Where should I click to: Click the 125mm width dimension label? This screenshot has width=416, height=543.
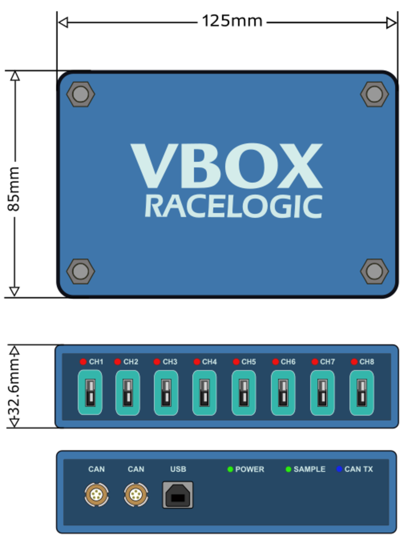click(x=232, y=21)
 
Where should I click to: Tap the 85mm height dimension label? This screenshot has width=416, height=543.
click(x=14, y=189)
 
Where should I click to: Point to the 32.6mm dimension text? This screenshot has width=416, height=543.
click(x=14, y=387)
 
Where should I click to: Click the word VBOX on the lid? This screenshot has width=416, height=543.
click(x=227, y=166)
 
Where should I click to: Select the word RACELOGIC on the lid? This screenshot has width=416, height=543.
click(x=233, y=206)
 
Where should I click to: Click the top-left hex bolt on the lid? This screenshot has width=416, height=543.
click(x=81, y=94)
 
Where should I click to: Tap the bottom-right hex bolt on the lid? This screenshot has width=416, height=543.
click(x=374, y=271)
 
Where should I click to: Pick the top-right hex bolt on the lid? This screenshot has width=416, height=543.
click(x=374, y=94)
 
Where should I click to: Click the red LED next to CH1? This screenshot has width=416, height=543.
click(x=83, y=362)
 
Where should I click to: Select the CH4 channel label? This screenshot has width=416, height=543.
click(x=210, y=362)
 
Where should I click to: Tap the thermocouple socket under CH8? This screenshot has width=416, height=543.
click(x=361, y=392)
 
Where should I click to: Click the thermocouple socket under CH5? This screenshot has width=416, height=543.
click(x=244, y=392)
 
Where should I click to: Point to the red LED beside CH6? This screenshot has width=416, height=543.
click(x=275, y=362)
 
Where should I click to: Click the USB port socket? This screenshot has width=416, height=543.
click(x=178, y=495)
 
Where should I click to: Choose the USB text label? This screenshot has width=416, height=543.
click(x=178, y=469)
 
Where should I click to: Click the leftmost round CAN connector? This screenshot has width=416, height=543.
click(x=96, y=495)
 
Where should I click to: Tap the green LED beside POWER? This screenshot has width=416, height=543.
click(x=230, y=469)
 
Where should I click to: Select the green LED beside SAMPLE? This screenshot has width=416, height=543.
click(x=288, y=469)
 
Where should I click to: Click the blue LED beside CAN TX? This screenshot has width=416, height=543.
click(x=340, y=469)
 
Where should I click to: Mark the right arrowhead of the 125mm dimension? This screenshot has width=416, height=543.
click(x=392, y=23)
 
